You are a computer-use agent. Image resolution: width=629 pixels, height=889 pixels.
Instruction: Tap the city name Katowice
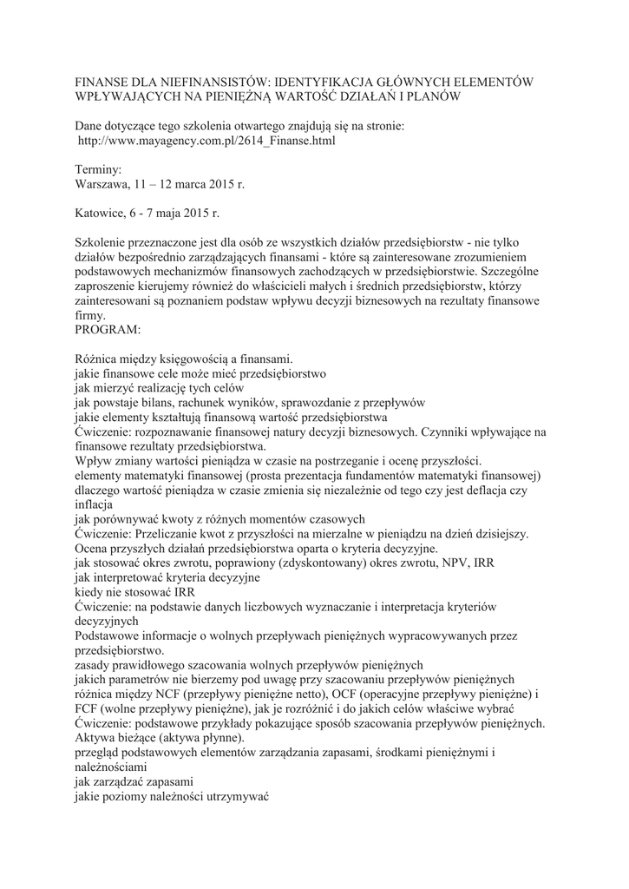102,212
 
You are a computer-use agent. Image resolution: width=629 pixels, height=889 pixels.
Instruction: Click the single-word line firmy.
90,316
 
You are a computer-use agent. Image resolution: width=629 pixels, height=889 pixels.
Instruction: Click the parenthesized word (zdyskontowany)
281,563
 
